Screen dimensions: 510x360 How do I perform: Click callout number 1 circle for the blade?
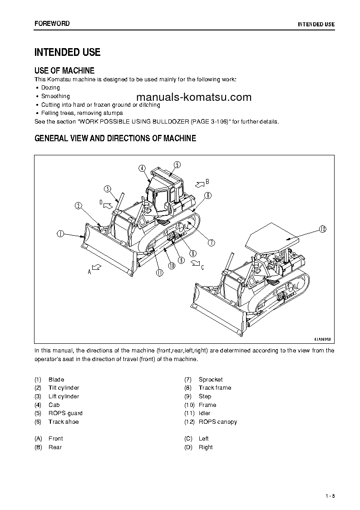pyautogui.click(x=60, y=234)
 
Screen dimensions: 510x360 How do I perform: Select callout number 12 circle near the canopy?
pyautogui.click(x=322, y=228)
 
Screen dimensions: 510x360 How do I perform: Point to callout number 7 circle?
pyautogui.click(x=211, y=243)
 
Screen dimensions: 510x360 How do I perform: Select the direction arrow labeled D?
pyautogui.click(x=107, y=205)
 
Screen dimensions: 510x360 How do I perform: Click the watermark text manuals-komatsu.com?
pyautogui.click(x=193, y=97)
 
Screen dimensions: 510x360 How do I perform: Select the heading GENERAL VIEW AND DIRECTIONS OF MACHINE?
pyautogui.click(x=115, y=139)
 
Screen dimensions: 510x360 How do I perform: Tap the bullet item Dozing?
pyautogui.click(x=50, y=88)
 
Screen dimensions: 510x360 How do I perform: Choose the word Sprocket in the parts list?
pyautogui.click(x=211, y=379)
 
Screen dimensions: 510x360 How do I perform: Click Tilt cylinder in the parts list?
pyautogui.click(x=64, y=388)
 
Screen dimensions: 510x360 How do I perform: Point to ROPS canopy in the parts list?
pyautogui.click(x=217, y=422)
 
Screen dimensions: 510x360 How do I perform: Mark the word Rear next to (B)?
pyautogui.click(x=55, y=447)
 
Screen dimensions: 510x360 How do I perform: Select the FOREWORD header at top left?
pyautogui.click(x=52, y=23)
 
